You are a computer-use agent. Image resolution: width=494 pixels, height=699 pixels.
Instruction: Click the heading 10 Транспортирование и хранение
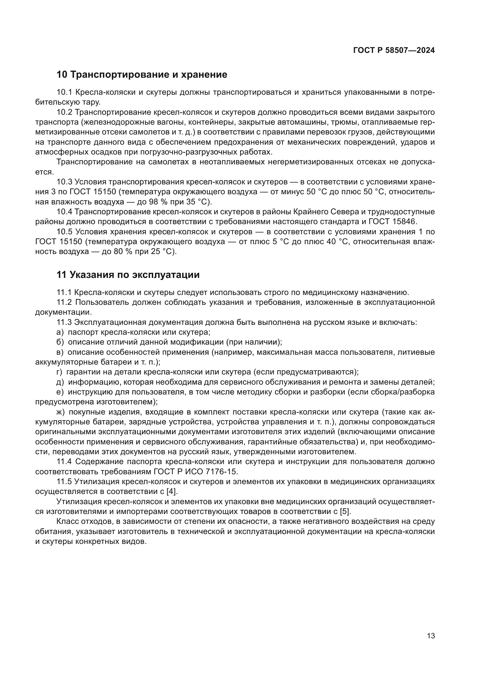[142, 75]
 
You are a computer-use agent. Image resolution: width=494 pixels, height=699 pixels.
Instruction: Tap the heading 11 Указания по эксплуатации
[128, 275]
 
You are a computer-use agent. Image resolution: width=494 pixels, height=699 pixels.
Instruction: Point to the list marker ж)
[61, 412]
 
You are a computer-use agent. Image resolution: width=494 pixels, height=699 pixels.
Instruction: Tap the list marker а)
[60, 332]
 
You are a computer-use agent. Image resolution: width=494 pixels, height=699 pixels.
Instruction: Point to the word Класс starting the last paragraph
[68, 521]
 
